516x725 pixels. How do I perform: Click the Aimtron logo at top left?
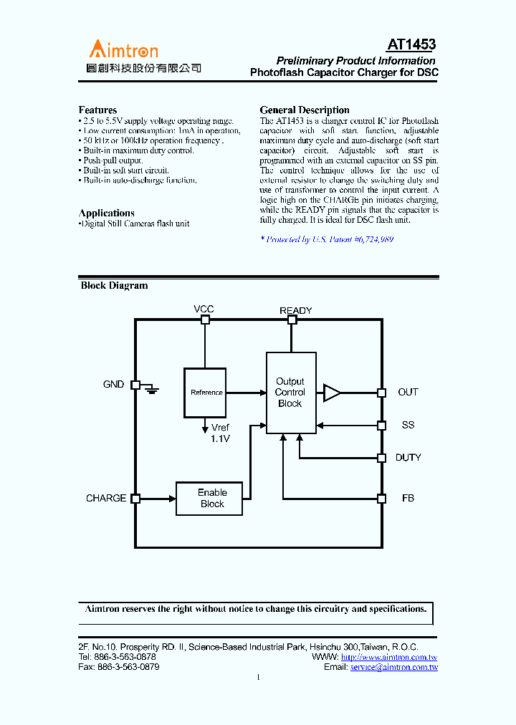coord(124,50)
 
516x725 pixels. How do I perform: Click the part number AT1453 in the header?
coord(411,45)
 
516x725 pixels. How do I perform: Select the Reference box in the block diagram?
coord(205,393)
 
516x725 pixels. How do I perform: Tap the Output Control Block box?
coord(290,393)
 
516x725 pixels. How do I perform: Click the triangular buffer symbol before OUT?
coord(332,393)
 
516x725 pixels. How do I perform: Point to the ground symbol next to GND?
coord(151,389)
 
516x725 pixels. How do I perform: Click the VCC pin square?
coord(205,320)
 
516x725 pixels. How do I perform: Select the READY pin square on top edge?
coord(292,320)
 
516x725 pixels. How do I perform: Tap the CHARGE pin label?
coord(106,498)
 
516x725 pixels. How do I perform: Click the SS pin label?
coord(408,425)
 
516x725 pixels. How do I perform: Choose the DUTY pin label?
coord(408,458)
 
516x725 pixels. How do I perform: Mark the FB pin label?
coord(408,498)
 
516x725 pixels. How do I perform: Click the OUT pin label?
coord(408,393)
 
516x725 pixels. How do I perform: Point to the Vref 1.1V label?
coord(220,433)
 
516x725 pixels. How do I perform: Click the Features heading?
coord(97,110)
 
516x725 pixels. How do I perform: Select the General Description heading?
coord(305,110)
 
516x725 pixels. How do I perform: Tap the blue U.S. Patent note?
coord(327,239)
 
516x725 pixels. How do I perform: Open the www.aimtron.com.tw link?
coord(389,657)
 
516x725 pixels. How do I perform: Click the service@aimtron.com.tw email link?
coord(393,667)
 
